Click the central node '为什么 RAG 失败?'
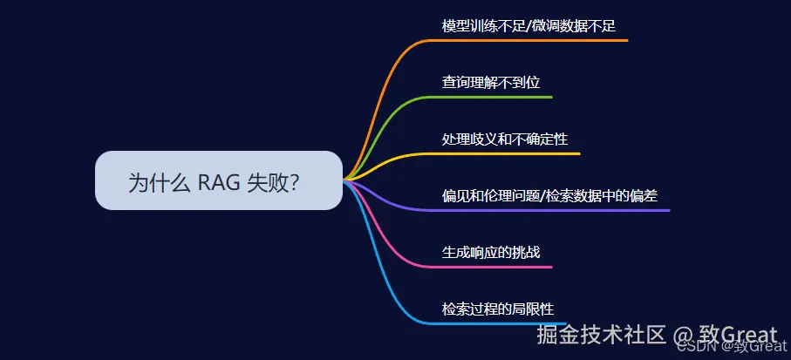219,180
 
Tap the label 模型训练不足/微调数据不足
528,26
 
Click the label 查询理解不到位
491,82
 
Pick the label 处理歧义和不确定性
505,139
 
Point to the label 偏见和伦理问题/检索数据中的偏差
550,195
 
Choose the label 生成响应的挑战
491,252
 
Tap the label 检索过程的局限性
498,309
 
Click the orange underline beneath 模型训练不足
527,40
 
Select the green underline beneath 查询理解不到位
489,97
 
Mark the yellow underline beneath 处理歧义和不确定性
503,153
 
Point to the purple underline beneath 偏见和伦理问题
549,210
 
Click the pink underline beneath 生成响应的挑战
489,267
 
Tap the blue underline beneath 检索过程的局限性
496,323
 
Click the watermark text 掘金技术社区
602,335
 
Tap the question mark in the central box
293,182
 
